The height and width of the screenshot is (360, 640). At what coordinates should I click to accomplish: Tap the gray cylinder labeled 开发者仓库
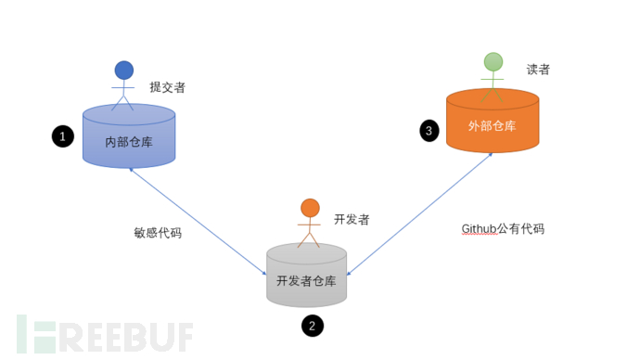306,276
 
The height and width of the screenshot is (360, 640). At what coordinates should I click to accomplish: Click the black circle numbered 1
62,136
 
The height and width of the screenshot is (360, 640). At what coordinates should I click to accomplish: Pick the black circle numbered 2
313,326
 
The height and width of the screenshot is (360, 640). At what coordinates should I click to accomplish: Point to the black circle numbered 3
429,130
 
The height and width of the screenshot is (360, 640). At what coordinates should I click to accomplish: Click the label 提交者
167,87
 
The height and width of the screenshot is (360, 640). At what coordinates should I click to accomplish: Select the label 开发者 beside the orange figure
352,219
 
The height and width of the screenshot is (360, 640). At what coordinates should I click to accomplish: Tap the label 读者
538,69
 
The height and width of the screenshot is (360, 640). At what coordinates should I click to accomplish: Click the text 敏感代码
158,233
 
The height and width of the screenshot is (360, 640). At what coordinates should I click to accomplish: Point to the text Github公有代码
502,228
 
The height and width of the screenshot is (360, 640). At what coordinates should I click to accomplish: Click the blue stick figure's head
123,71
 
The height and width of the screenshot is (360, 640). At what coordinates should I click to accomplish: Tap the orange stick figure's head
310,208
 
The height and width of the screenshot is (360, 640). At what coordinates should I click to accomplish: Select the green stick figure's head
493,62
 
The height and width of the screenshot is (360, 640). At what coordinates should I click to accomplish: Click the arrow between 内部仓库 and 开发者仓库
198,222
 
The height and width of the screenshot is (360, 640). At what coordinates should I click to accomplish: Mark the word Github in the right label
480,228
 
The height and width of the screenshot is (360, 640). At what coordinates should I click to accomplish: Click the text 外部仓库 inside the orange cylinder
492,126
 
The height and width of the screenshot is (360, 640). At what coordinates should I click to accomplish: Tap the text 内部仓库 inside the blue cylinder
129,142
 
